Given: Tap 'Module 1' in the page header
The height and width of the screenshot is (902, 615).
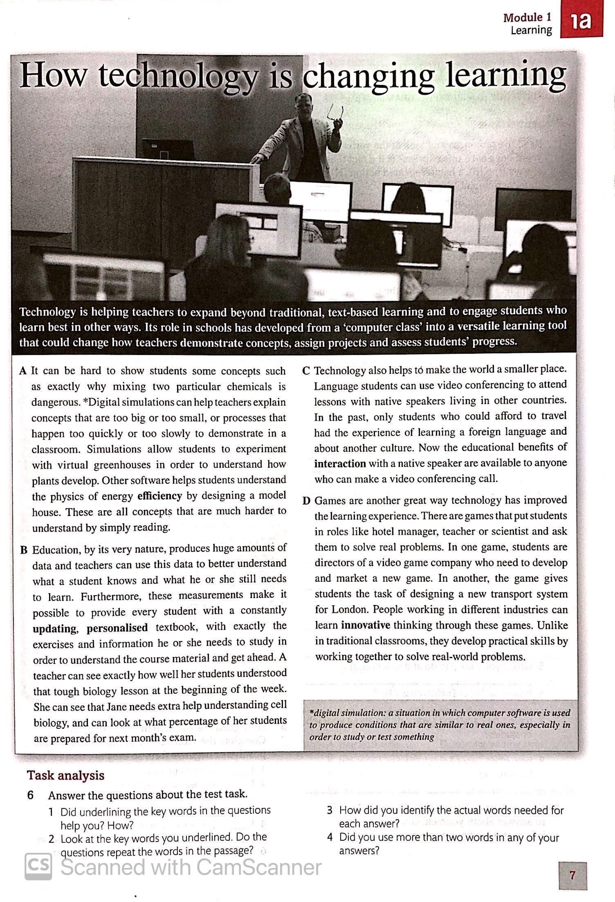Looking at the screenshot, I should pyautogui.click(x=527, y=18).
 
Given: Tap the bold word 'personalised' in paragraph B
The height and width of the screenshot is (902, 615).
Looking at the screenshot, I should pyautogui.click(x=117, y=627).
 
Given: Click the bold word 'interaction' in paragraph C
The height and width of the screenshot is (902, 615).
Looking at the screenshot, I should pyautogui.click(x=340, y=464).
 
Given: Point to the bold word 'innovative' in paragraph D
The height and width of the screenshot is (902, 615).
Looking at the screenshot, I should pyautogui.click(x=366, y=625).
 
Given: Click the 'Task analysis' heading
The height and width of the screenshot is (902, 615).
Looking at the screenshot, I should pyautogui.click(x=65, y=775).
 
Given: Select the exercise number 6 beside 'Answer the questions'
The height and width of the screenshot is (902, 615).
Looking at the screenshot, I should pyautogui.click(x=30, y=795).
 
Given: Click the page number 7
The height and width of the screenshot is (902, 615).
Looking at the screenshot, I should pyautogui.click(x=572, y=875).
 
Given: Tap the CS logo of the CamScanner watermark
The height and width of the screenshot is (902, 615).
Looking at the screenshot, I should pyautogui.click(x=38, y=866).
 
